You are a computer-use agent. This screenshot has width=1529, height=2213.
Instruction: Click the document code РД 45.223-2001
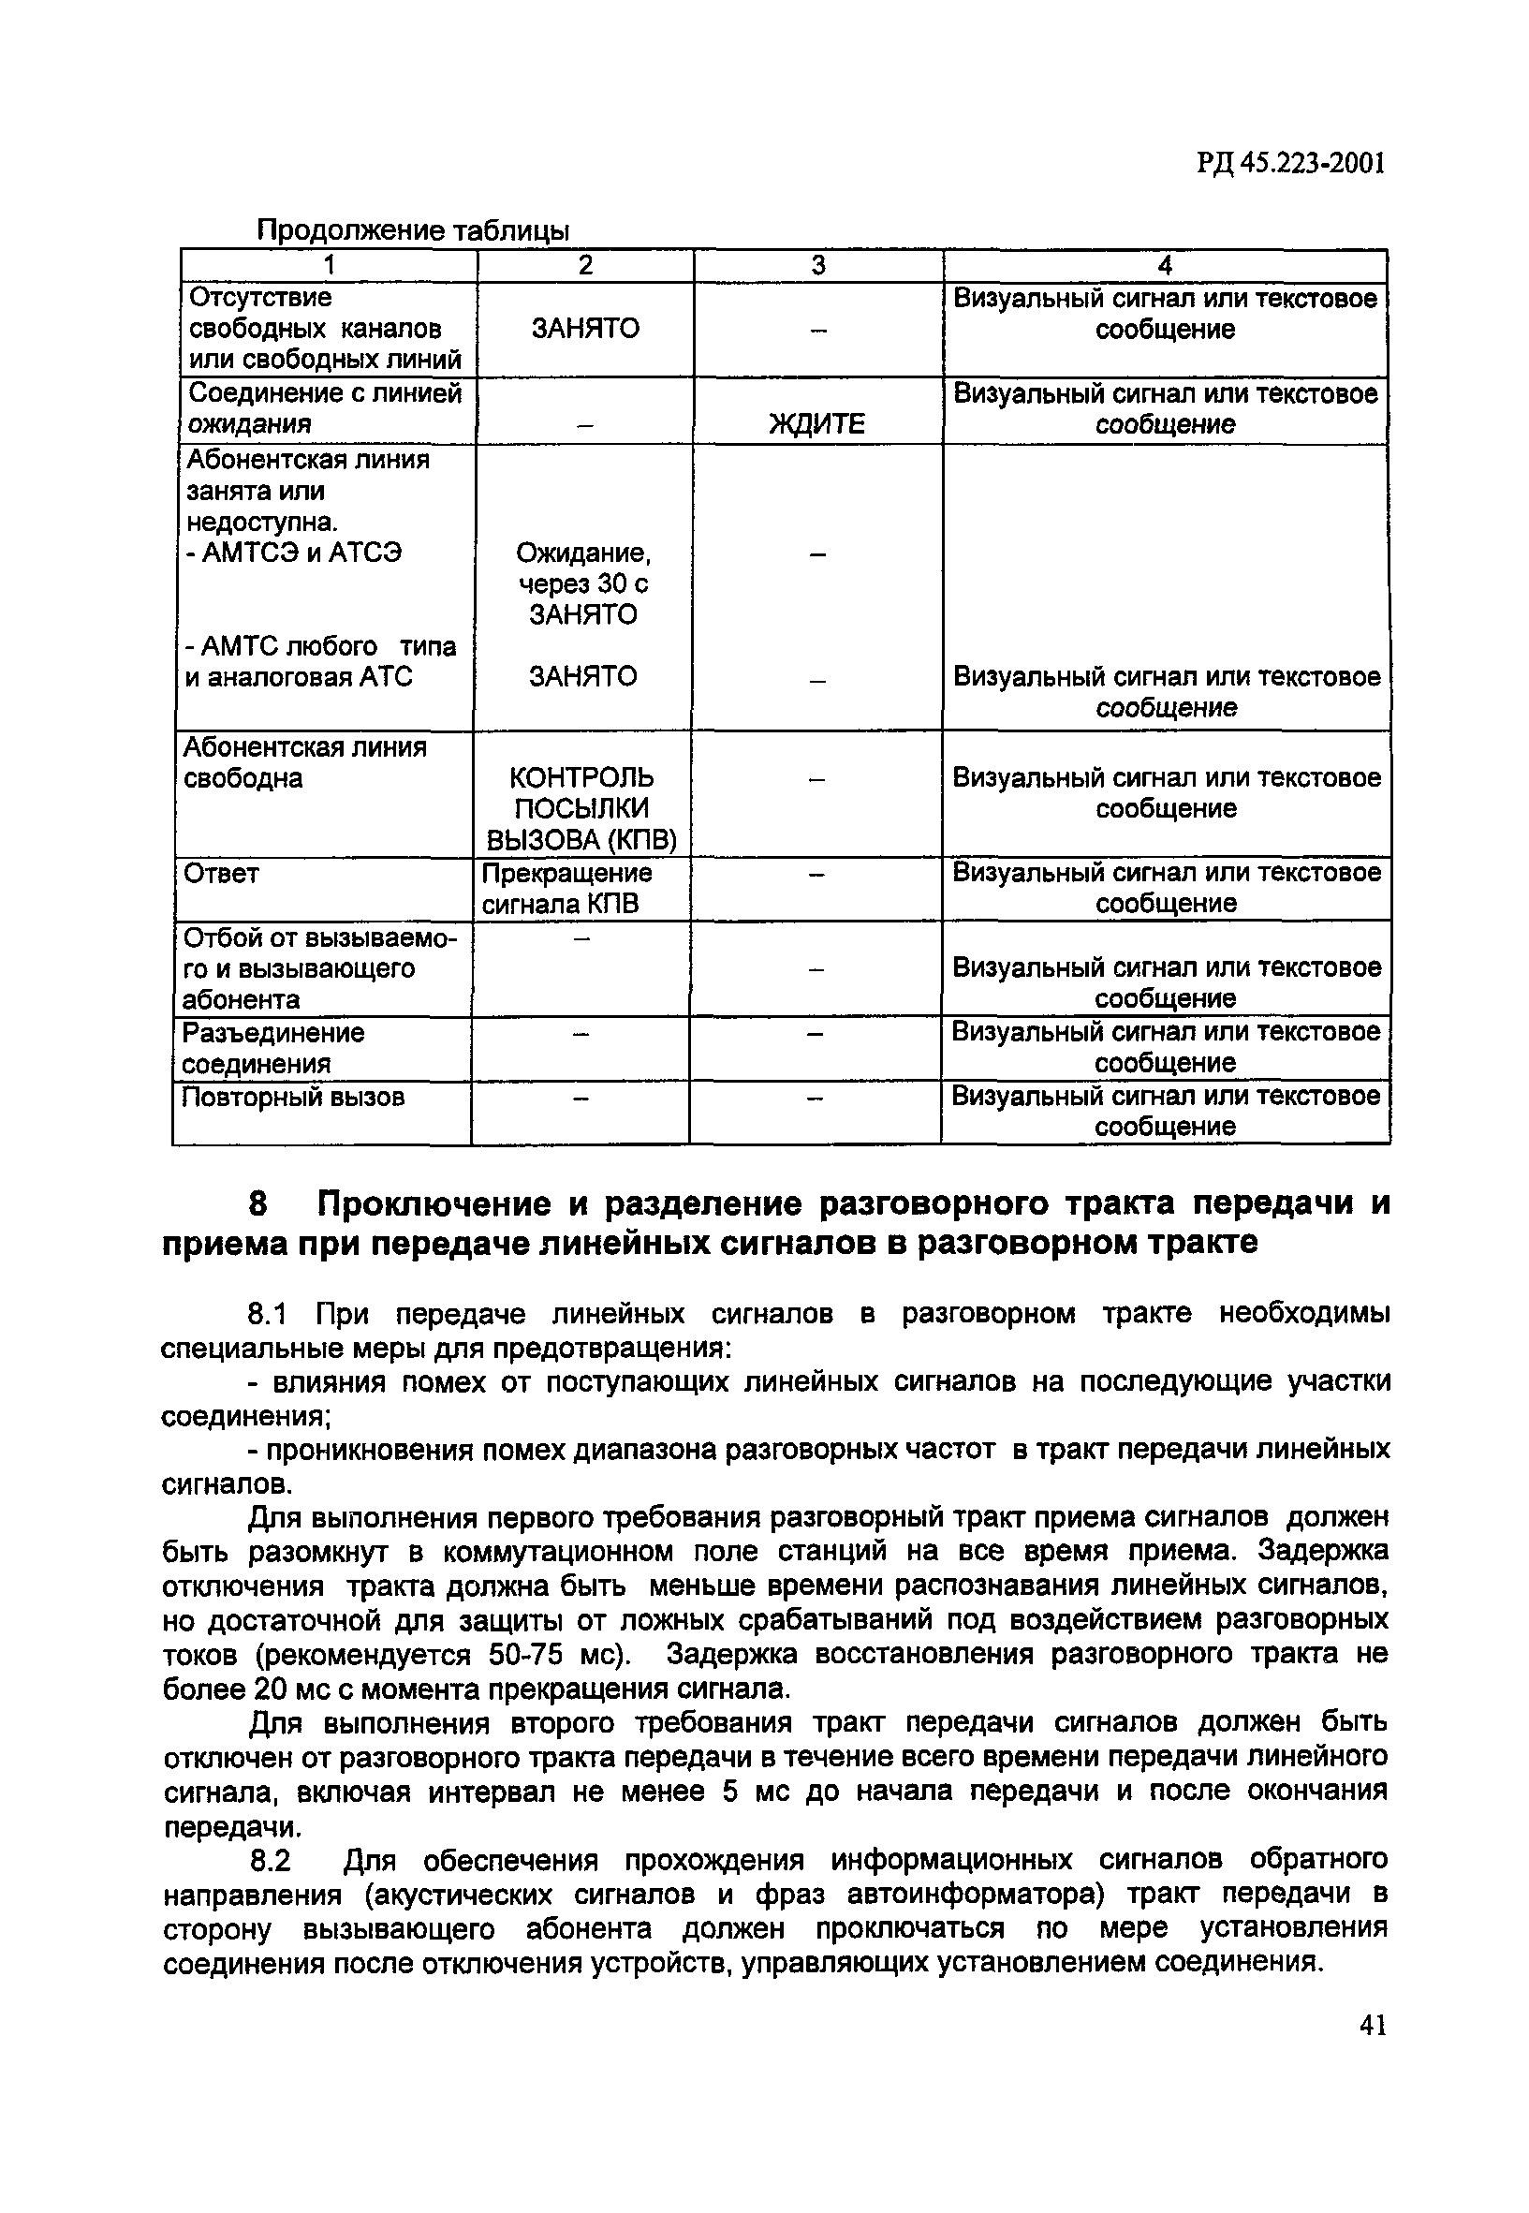pos(1289,164)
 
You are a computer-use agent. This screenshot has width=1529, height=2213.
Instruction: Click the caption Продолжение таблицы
pos(413,231)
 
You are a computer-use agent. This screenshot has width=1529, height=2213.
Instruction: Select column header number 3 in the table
pos(817,265)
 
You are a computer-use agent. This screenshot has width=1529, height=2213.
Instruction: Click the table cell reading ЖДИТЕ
pos(817,423)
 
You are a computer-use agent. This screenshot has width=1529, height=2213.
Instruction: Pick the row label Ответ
pos(221,874)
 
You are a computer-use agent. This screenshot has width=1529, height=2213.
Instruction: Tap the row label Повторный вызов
pos(293,1097)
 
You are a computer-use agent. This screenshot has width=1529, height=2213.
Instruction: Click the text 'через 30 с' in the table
pos(582,583)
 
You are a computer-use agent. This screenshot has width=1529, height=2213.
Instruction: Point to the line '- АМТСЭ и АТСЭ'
pos(293,553)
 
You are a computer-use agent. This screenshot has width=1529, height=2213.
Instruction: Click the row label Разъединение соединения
pos(273,1048)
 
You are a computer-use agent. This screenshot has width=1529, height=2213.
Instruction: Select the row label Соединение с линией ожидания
pos(324,408)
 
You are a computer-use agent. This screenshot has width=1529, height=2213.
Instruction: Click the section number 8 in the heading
pos(257,1203)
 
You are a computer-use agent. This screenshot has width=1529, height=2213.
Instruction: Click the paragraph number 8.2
pos(270,1862)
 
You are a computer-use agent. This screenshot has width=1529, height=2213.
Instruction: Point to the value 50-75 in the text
pos(526,1656)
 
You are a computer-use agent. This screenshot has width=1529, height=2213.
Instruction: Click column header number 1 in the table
pos(329,265)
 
